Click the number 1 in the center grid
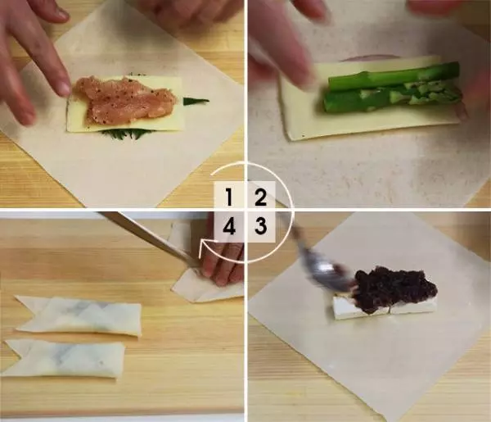(x=229, y=197)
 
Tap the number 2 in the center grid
(x=260, y=197)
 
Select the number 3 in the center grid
(x=260, y=225)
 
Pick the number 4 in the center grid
(x=229, y=225)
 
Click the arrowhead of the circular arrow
(x=206, y=244)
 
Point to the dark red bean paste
(x=396, y=289)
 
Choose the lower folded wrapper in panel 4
(x=63, y=359)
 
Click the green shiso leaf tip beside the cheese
(x=196, y=101)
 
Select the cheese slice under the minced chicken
(x=125, y=105)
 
